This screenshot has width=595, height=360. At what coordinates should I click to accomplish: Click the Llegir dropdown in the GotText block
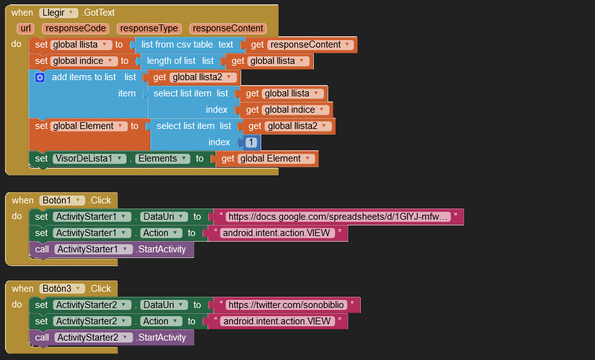(x=59, y=13)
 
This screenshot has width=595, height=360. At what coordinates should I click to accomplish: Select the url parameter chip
(x=26, y=28)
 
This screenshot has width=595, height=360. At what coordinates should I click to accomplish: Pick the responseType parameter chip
(x=149, y=28)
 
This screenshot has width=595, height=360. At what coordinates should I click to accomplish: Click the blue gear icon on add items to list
(x=40, y=77)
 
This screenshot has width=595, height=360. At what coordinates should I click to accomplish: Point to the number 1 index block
(x=251, y=142)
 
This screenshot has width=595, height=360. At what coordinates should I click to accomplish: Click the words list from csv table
(x=177, y=44)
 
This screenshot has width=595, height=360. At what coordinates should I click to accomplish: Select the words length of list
(x=171, y=61)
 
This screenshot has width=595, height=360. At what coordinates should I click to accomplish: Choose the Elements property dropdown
(x=162, y=158)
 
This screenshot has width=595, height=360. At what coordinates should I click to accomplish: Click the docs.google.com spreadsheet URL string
(x=338, y=217)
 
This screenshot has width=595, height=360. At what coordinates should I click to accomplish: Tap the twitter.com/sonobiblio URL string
(x=286, y=305)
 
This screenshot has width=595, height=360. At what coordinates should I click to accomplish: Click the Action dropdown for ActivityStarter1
(x=159, y=233)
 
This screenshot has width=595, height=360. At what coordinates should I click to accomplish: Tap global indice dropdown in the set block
(x=84, y=61)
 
